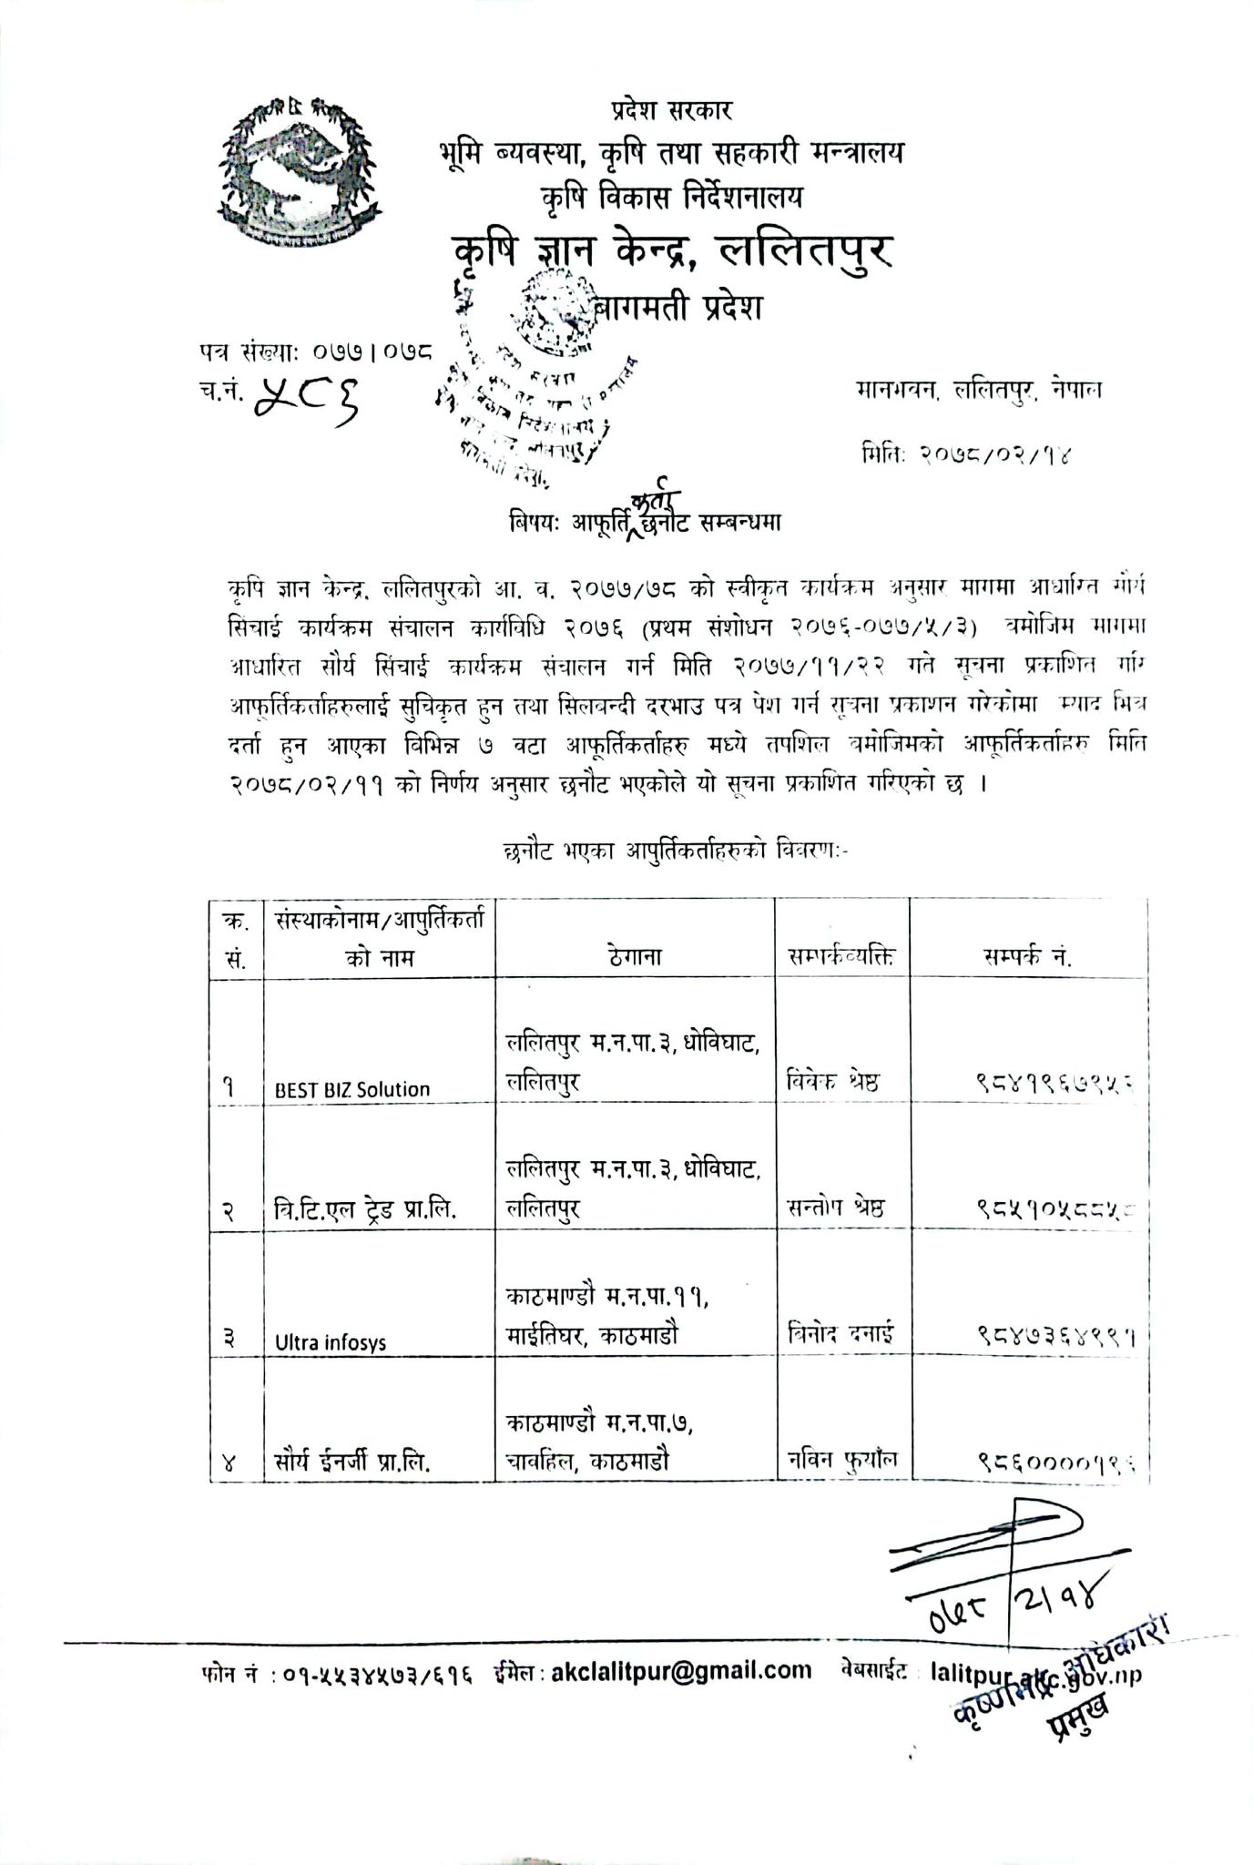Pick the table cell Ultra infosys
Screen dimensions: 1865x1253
click(x=331, y=1342)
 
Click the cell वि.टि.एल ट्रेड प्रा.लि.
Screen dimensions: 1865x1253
click(x=365, y=1209)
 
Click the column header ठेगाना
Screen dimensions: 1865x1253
click(x=636, y=957)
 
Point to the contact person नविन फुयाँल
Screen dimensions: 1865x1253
click(x=842, y=1460)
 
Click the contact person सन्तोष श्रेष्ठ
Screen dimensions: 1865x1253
click(x=836, y=1208)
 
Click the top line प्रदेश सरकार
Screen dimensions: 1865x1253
click(x=671, y=111)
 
